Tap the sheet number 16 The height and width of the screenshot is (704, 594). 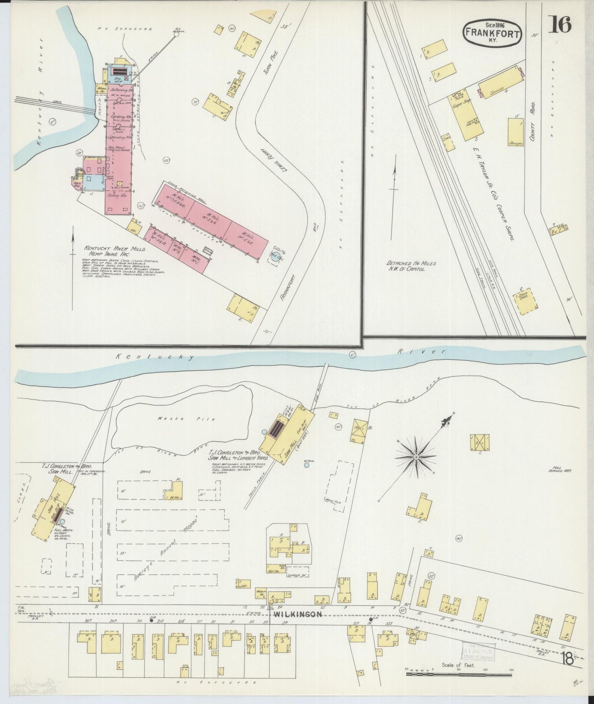pyautogui.click(x=559, y=25)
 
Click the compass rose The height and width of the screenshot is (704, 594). pyautogui.click(x=416, y=456)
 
